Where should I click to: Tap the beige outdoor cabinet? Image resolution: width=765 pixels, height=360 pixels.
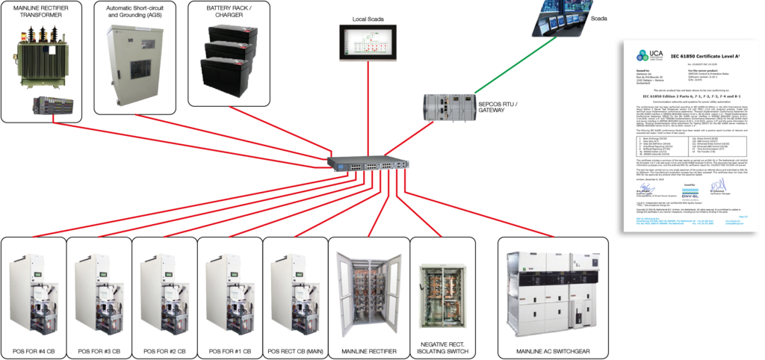click(x=133, y=64)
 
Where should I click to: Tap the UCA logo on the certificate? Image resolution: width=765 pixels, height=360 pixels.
click(x=643, y=55)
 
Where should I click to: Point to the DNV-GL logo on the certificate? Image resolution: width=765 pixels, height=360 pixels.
click(x=690, y=190)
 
